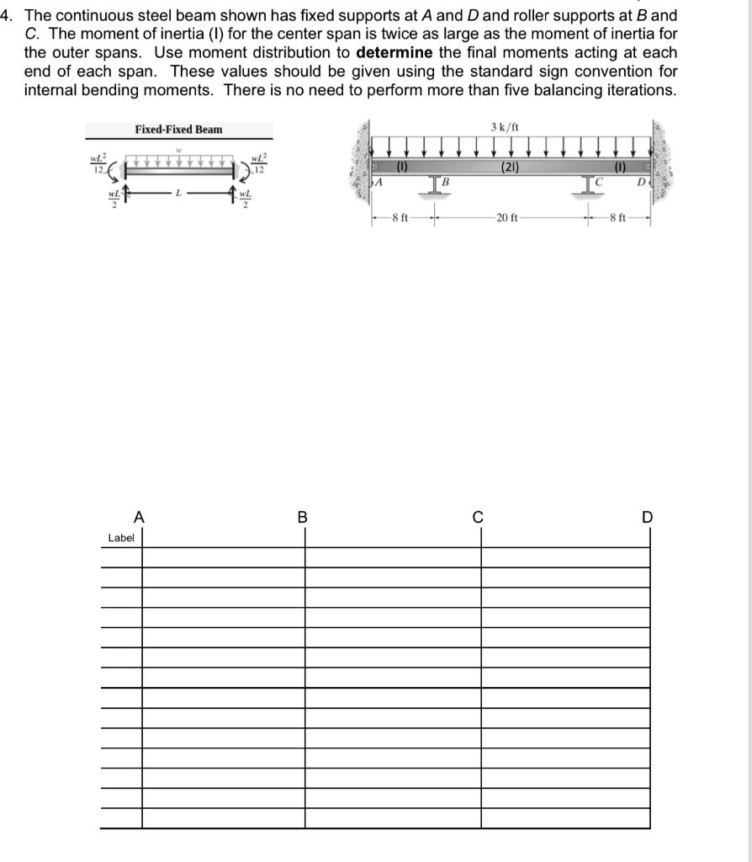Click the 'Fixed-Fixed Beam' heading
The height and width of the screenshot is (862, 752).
[178, 129]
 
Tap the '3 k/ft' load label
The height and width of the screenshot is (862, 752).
[504, 127]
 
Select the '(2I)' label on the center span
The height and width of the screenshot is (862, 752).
[509, 167]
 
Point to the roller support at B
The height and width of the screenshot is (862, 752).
[434, 187]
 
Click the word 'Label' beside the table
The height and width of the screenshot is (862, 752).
[120, 537]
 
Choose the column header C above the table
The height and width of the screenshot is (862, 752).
[478, 517]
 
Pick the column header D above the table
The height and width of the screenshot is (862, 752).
[647, 517]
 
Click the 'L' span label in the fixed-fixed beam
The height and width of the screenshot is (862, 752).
[177, 194]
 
